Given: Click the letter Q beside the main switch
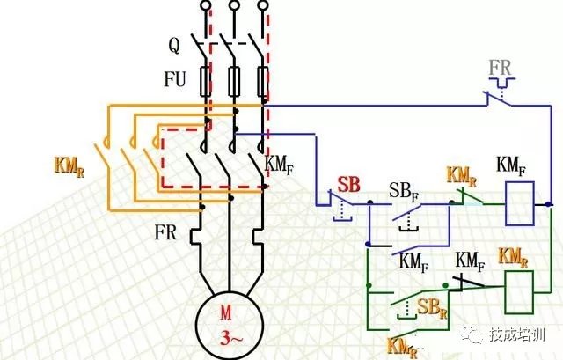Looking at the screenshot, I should click(x=173, y=41).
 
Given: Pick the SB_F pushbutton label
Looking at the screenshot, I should click(x=404, y=193).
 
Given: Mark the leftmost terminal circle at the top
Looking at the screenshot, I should click(x=205, y=6).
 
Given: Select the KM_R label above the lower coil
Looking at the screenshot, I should click(x=514, y=257).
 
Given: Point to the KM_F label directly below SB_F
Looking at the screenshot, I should click(x=413, y=261).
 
